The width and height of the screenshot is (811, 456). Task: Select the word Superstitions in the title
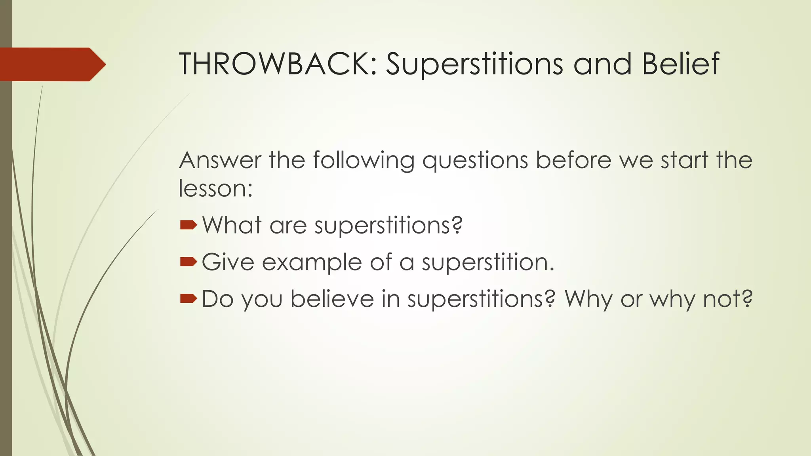coord(474,64)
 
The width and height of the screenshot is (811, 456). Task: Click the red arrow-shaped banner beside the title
coord(51,64)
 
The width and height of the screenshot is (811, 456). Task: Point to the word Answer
coord(220,160)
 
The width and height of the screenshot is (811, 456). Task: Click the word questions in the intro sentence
coord(475,161)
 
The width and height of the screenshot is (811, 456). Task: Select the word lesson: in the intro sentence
coord(215,188)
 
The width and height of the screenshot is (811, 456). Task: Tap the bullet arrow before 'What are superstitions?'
coord(188,225)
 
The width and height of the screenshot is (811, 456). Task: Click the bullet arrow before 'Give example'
coord(188,262)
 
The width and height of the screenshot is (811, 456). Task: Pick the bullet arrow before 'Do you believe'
coord(188,298)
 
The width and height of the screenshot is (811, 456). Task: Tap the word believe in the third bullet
coord(332,299)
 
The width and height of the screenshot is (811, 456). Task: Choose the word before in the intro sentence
coord(573,160)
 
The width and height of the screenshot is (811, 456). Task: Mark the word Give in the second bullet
coord(228,262)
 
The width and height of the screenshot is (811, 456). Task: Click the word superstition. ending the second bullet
coord(487,263)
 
